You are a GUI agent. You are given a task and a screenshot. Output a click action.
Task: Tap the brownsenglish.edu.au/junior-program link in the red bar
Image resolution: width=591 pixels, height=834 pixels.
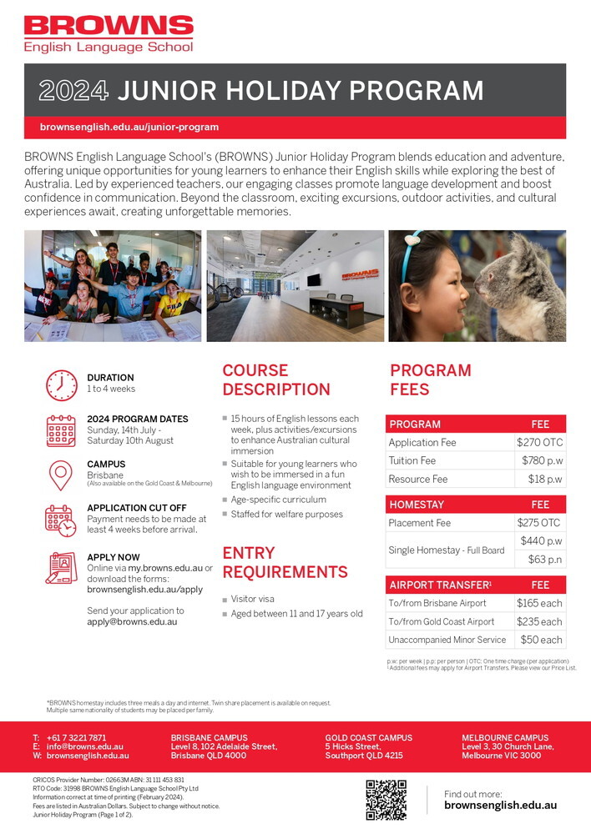[129, 128]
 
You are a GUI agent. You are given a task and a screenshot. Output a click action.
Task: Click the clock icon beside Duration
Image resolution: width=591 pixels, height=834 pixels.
[61, 384]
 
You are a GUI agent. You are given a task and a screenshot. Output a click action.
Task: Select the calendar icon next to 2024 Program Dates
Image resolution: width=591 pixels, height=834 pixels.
[61, 430]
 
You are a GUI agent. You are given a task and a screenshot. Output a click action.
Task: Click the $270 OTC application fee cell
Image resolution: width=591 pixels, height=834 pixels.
[539, 442]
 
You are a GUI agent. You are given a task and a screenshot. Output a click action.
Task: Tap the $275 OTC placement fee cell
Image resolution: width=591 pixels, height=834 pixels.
[539, 523]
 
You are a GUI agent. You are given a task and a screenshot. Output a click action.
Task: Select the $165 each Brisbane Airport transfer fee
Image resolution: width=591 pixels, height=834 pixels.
[539, 603]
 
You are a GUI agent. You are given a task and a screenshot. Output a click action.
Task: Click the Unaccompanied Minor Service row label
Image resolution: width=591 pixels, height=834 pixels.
[447, 640]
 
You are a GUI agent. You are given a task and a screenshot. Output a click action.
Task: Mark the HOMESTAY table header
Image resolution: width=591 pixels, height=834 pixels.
[417, 505]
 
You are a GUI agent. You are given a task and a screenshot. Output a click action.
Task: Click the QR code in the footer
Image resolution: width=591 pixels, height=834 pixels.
[386, 800]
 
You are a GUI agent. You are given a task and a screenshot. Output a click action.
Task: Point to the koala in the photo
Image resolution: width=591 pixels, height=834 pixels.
[528, 288]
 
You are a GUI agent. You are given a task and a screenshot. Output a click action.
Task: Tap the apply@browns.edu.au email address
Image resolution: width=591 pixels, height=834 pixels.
[132, 621]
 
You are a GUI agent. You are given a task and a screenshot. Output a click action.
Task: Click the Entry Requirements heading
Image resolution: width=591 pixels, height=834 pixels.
[285, 562]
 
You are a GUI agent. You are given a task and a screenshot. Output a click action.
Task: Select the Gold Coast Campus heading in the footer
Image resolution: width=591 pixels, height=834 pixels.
[368, 738]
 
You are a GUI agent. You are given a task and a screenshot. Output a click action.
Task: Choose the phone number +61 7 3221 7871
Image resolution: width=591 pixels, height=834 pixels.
[76, 738]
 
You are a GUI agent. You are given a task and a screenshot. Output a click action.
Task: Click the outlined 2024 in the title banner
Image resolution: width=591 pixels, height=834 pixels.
[74, 91]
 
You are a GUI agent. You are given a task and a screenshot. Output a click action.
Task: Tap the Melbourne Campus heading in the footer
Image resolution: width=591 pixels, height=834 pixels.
[505, 738]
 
